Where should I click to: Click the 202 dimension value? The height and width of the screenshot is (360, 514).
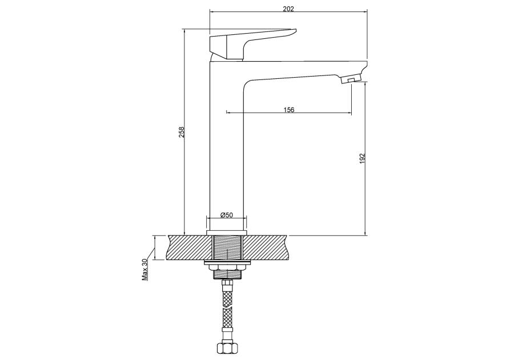[288, 9]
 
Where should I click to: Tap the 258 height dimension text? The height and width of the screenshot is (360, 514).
[183, 132]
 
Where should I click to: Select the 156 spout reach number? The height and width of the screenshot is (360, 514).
[289, 110]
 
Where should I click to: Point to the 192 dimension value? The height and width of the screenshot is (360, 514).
[362, 158]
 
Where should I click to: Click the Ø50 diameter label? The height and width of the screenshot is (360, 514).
[227, 215]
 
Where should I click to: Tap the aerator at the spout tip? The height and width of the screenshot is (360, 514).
[351, 79]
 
